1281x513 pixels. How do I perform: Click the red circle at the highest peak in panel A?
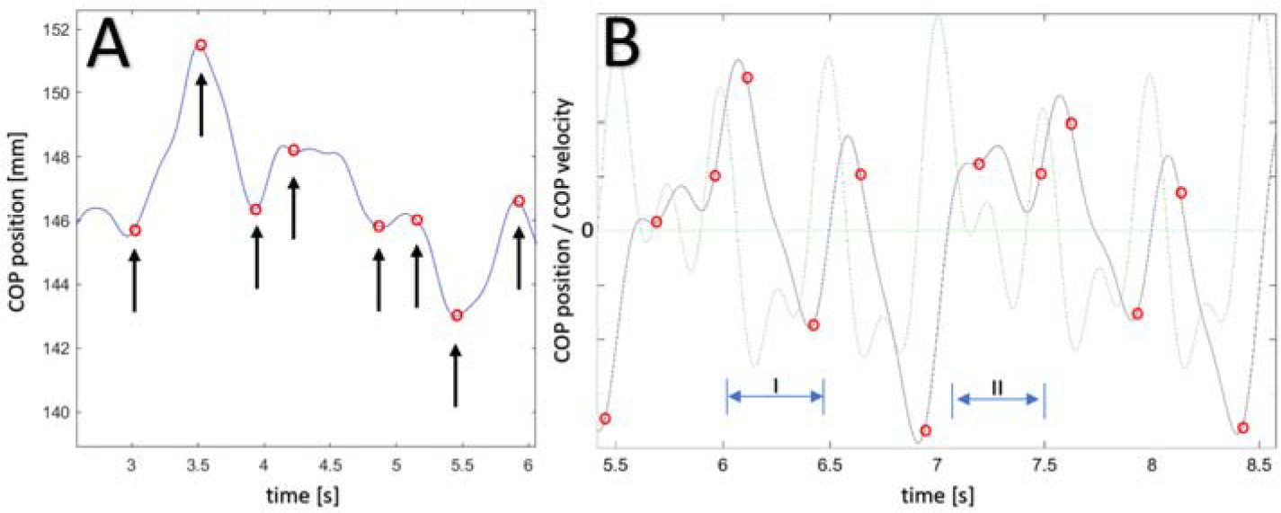(200, 45)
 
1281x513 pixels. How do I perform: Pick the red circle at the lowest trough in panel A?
(457, 315)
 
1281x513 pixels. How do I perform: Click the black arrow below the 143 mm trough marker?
(457, 377)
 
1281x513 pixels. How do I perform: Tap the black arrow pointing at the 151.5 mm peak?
(200, 104)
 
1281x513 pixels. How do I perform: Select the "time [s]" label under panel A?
(306, 495)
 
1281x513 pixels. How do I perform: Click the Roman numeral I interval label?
(775, 385)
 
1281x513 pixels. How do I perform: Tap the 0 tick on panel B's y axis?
(589, 230)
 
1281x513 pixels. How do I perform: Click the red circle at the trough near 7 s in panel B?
(926, 431)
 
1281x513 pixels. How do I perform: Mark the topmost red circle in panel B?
(747, 78)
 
